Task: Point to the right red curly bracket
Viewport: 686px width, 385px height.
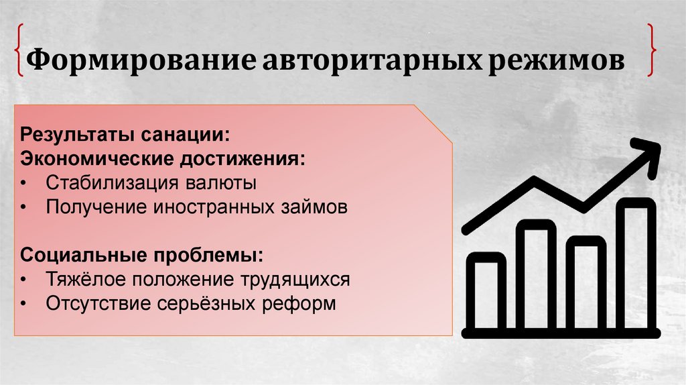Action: (651, 50)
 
